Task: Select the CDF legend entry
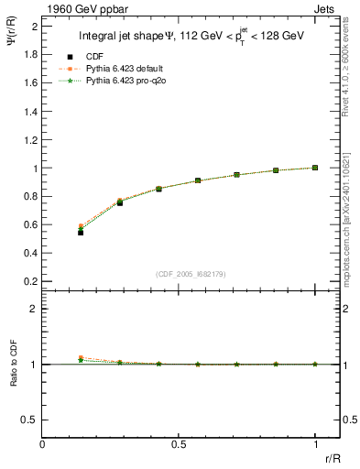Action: (x=94, y=57)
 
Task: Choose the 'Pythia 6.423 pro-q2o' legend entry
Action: (x=124, y=81)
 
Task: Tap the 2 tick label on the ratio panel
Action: (x=34, y=309)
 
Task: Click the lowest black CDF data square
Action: (x=81, y=233)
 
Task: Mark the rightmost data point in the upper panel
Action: (x=315, y=168)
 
